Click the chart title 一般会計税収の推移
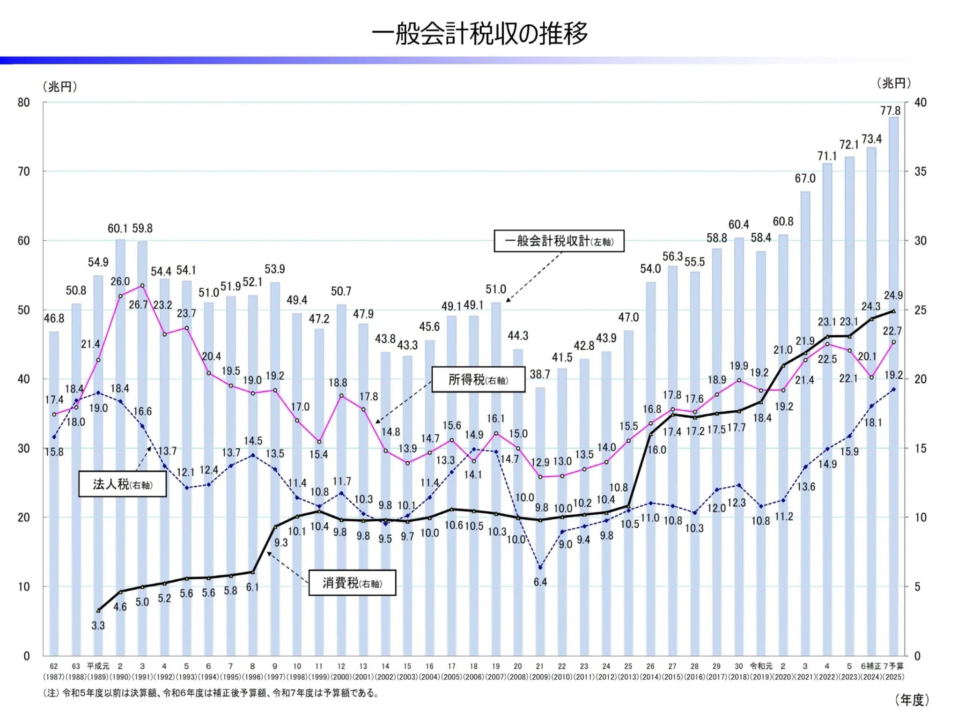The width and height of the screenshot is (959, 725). pyautogui.click(x=479, y=33)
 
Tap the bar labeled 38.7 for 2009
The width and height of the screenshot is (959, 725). pyautogui.click(x=540, y=520)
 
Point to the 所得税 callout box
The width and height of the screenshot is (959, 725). pyautogui.click(x=478, y=379)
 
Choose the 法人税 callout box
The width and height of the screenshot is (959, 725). pyautogui.click(x=122, y=484)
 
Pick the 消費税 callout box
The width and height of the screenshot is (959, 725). pyautogui.click(x=352, y=583)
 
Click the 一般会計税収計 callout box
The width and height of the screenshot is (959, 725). pyautogui.click(x=559, y=241)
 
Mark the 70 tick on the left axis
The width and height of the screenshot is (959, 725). pyautogui.click(x=24, y=171)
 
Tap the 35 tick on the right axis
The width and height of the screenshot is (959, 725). pyautogui.click(x=920, y=171)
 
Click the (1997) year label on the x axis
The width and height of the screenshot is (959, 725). pyautogui.click(x=275, y=677)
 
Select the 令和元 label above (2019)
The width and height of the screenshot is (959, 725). pyautogui.click(x=761, y=666)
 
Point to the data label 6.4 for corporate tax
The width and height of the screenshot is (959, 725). pyautogui.click(x=540, y=582)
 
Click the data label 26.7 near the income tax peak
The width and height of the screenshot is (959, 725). pyautogui.click(x=138, y=305)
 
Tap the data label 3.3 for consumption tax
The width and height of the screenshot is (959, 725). pyautogui.click(x=98, y=625)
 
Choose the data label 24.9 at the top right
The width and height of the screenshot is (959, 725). pyautogui.click(x=893, y=296)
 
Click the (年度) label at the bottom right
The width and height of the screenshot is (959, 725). pyautogui.click(x=912, y=700)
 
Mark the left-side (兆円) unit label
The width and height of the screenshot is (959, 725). pyautogui.click(x=60, y=87)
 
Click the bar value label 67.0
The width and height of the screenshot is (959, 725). pyautogui.click(x=805, y=178)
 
